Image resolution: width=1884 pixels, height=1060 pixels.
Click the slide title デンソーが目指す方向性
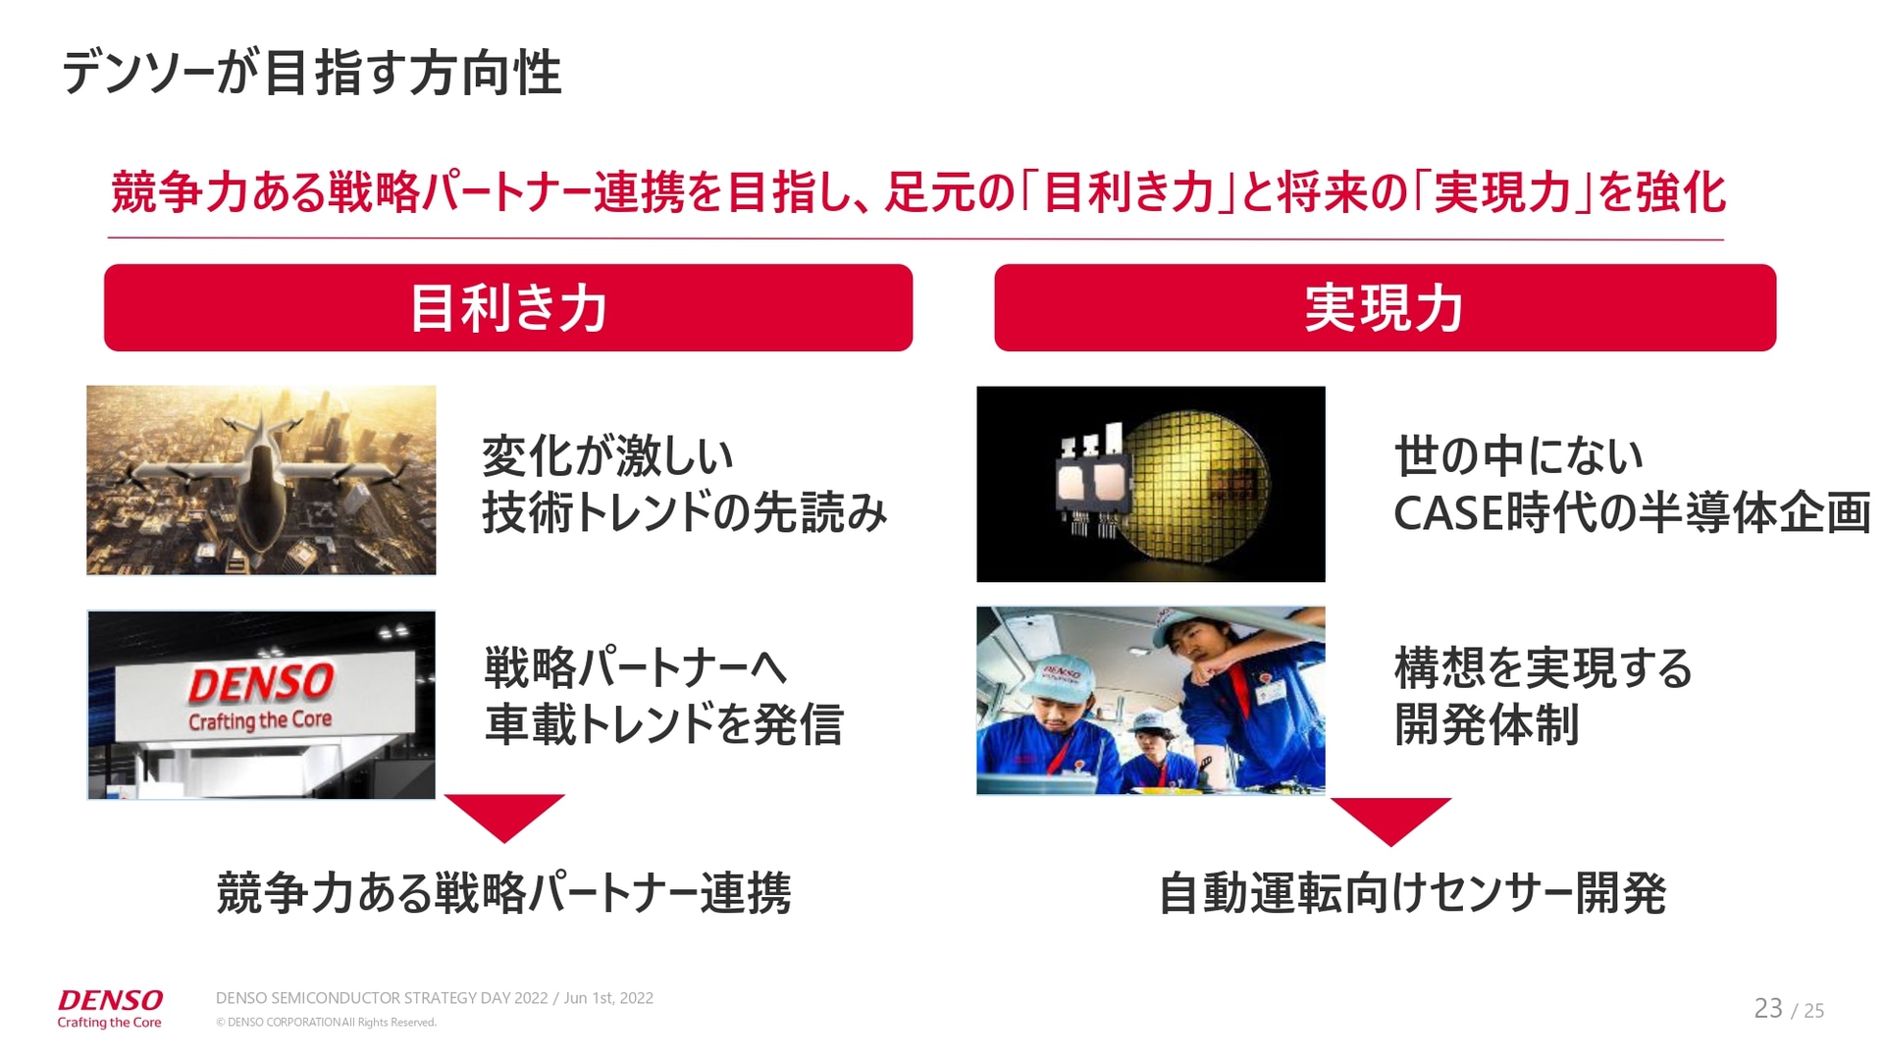pyautogui.click(x=311, y=74)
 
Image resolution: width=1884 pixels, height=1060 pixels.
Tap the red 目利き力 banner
pyautogui.click(x=508, y=307)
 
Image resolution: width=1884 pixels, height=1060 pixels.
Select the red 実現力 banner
pyautogui.click(x=1385, y=307)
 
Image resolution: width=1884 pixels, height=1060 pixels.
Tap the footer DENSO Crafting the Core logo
pyautogui.click(x=110, y=1008)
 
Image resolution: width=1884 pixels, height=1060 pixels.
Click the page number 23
pyautogui.click(x=1767, y=1008)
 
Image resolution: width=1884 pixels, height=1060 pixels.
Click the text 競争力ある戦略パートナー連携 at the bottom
pyautogui.click(x=503, y=893)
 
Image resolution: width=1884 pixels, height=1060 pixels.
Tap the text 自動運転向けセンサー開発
pyautogui.click(x=1412, y=893)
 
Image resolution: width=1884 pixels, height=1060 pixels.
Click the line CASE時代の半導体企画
pyautogui.click(x=1631, y=513)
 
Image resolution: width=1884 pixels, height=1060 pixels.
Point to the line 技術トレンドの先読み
pyautogui.click(x=684, y=513)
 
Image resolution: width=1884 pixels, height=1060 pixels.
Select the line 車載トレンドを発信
pyautogui.click(x=663, y=724)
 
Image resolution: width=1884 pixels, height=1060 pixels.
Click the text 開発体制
pyautogui.click(x=1487, y=724)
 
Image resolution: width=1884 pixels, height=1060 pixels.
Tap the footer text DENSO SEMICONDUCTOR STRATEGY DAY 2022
pyautogui.click(x=382, y=998)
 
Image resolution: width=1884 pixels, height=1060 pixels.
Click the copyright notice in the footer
pyautogui.click(x=326, y=1023)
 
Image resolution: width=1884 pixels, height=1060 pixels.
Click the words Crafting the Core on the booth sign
pyautogui.click(x=260, y=721)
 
